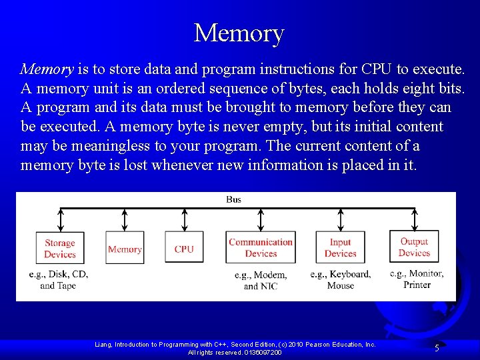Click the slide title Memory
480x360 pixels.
(x=239, y=33)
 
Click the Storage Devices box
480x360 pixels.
(x=60, y=248)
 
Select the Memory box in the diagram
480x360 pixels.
(x=125, y=249)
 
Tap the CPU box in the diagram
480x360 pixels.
(x=184, y=249)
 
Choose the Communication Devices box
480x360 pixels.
(x=261, y=248)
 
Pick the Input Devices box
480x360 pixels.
(x=341, y=248)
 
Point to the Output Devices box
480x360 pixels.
(x=414, y=247)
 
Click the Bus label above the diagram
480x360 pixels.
(x=234, y=199)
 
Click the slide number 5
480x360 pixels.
(x=437, y=348)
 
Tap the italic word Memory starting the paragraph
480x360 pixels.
(x=47, y=69)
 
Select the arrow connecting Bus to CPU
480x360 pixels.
(x=185, y=219)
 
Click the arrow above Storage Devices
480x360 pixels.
(x=61, y=219)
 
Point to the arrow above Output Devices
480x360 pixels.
(x=415, y=219)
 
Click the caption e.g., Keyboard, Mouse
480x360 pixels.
(x=341, y=280)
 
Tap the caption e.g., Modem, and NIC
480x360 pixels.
(x=261, y=281)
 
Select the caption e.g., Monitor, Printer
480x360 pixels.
(x=417, y=279)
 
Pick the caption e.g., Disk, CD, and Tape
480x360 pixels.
(x=59, y=280)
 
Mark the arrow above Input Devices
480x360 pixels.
(x=341, y=219)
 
